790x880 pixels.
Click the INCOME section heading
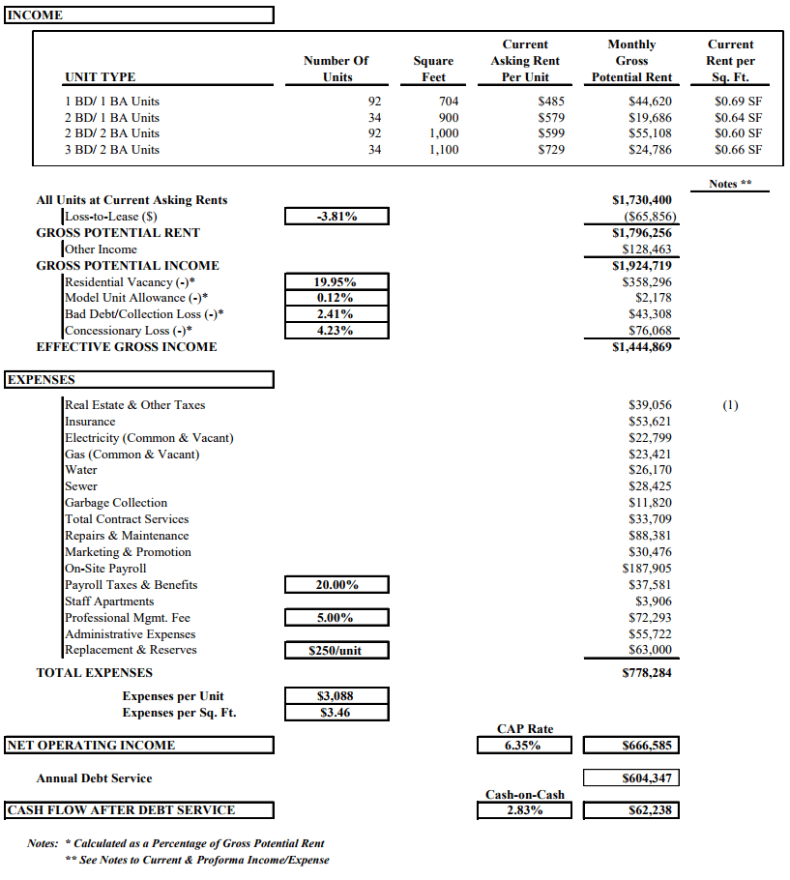click(35, 15)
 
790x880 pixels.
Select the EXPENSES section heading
click(41, 380)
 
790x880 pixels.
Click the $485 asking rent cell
click(551, 102)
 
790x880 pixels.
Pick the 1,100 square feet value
click(443, 150)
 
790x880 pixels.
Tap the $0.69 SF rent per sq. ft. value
click(738, 102)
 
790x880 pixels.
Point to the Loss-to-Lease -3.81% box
click(336, 217)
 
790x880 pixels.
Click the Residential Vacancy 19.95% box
click(336, 282)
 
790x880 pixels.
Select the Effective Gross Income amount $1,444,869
click(641, 347)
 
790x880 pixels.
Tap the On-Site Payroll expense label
click(105, 569)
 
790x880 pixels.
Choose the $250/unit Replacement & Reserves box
click(336, 651)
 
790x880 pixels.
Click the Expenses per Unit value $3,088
click(336, 696)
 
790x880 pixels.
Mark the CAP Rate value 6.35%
click(523, 746)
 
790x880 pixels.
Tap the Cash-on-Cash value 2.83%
click(523, 810)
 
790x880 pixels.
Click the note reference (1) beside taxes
click(730, 405)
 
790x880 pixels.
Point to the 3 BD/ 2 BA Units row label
click(112, 150)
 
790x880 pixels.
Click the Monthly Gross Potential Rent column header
click(631, 61)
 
